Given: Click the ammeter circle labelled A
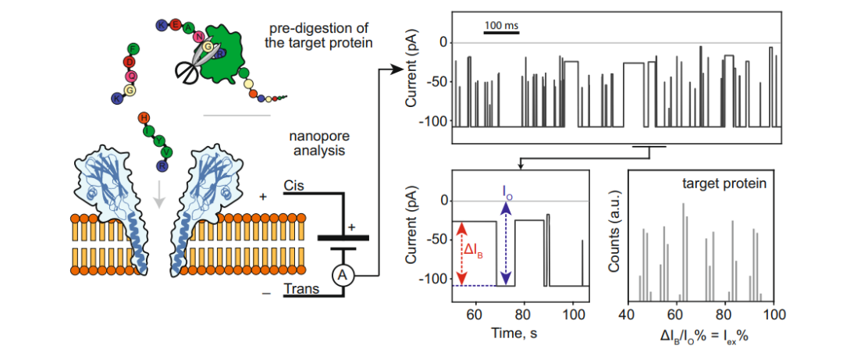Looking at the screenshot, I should [342, 275].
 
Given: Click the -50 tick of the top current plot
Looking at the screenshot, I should [436, 82].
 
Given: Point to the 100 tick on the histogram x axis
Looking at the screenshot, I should [772, 314].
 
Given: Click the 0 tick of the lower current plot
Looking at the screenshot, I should [443, 201].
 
